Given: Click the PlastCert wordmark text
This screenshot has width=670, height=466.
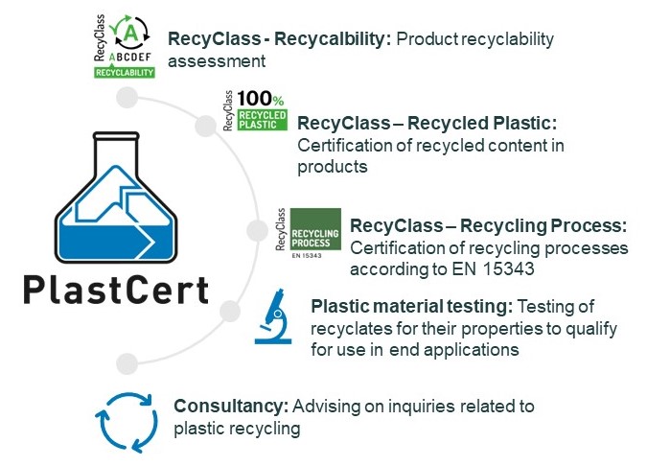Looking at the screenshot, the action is pyautogui.click(x=116, y=291).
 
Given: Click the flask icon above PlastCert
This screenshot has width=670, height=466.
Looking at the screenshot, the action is pyautogui.click(x=116, y=198).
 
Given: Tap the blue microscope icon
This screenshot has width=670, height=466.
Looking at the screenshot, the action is pyautogui.click(x=273, y=316).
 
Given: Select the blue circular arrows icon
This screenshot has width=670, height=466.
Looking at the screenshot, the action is pyautogui.click(x=127, y=422).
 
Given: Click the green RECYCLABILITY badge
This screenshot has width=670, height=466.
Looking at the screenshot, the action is pyautogui.click(x=125, y=72).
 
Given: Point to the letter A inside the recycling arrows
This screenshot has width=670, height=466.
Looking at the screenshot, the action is pyautogui.click(x=130, y=33).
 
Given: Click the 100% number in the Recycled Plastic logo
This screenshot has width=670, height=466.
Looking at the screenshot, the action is pyautogui.click(x=261, y=99).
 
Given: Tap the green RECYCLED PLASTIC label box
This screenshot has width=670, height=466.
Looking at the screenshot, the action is pyautogui.click(x=262, y=120).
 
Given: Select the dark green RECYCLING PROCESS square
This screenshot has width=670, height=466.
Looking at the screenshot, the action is pyautogui.click(x=315, y=229).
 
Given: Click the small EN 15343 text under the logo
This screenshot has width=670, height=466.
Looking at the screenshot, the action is pyautogui.click(x=307, y=256).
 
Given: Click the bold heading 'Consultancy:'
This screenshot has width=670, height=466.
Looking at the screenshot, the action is pyautogui.click(x=231, y=407).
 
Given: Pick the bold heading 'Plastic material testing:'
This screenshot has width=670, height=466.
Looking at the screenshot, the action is pyautogui.click(x=412, y=306).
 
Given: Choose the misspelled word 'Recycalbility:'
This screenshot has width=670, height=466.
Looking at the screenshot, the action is pyautogui.click(x=333, y=39).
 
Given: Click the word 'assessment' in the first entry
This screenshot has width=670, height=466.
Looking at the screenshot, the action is pyautogui.click(x=217, y=61).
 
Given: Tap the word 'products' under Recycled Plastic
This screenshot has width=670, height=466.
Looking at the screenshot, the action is pyautogui.click(x=333, y=167).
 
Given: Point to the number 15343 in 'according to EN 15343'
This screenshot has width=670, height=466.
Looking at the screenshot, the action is pyautogui.click(x=509, y=268).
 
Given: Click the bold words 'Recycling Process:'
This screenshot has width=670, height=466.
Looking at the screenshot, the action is pyautogui.click(x=543, y=225).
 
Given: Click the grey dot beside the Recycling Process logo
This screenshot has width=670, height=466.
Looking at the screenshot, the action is pyautogui.click(x=257, y=230).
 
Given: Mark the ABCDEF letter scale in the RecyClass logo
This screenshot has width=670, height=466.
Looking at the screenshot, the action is pyautogui.click(x=130, y=57).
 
